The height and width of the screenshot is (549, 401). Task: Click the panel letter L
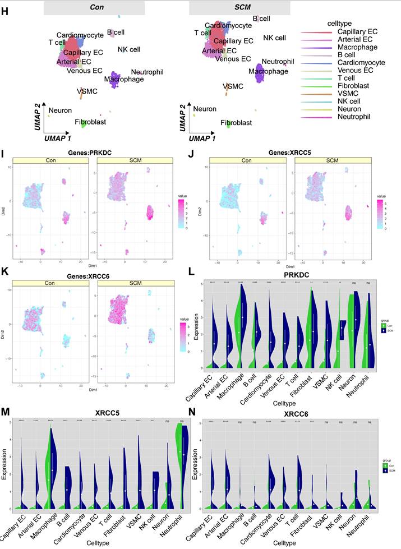coord(192,270)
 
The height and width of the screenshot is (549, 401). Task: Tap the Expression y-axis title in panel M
coord(5,465)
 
